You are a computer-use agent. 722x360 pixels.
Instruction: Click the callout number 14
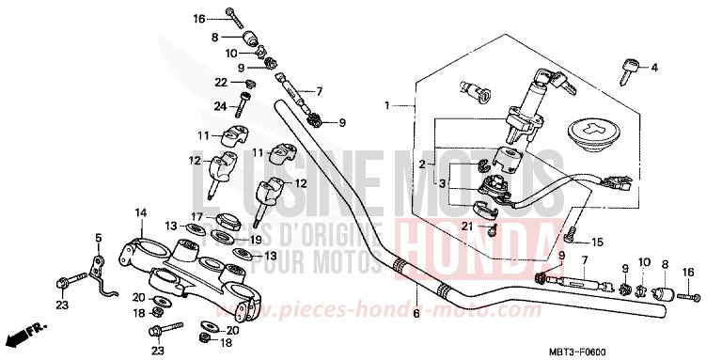(139, 213)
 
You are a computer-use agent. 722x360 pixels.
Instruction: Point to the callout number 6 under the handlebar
(416, 314)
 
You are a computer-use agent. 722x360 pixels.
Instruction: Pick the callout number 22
(221, 83)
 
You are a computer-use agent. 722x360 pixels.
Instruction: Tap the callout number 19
(255, 239)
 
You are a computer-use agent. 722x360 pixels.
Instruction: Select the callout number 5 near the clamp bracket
(97, 237)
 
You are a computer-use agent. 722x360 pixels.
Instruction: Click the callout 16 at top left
(199, 19)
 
